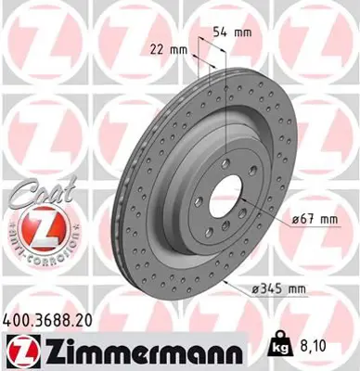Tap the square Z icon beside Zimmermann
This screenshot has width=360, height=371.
[x=19, y=352]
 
